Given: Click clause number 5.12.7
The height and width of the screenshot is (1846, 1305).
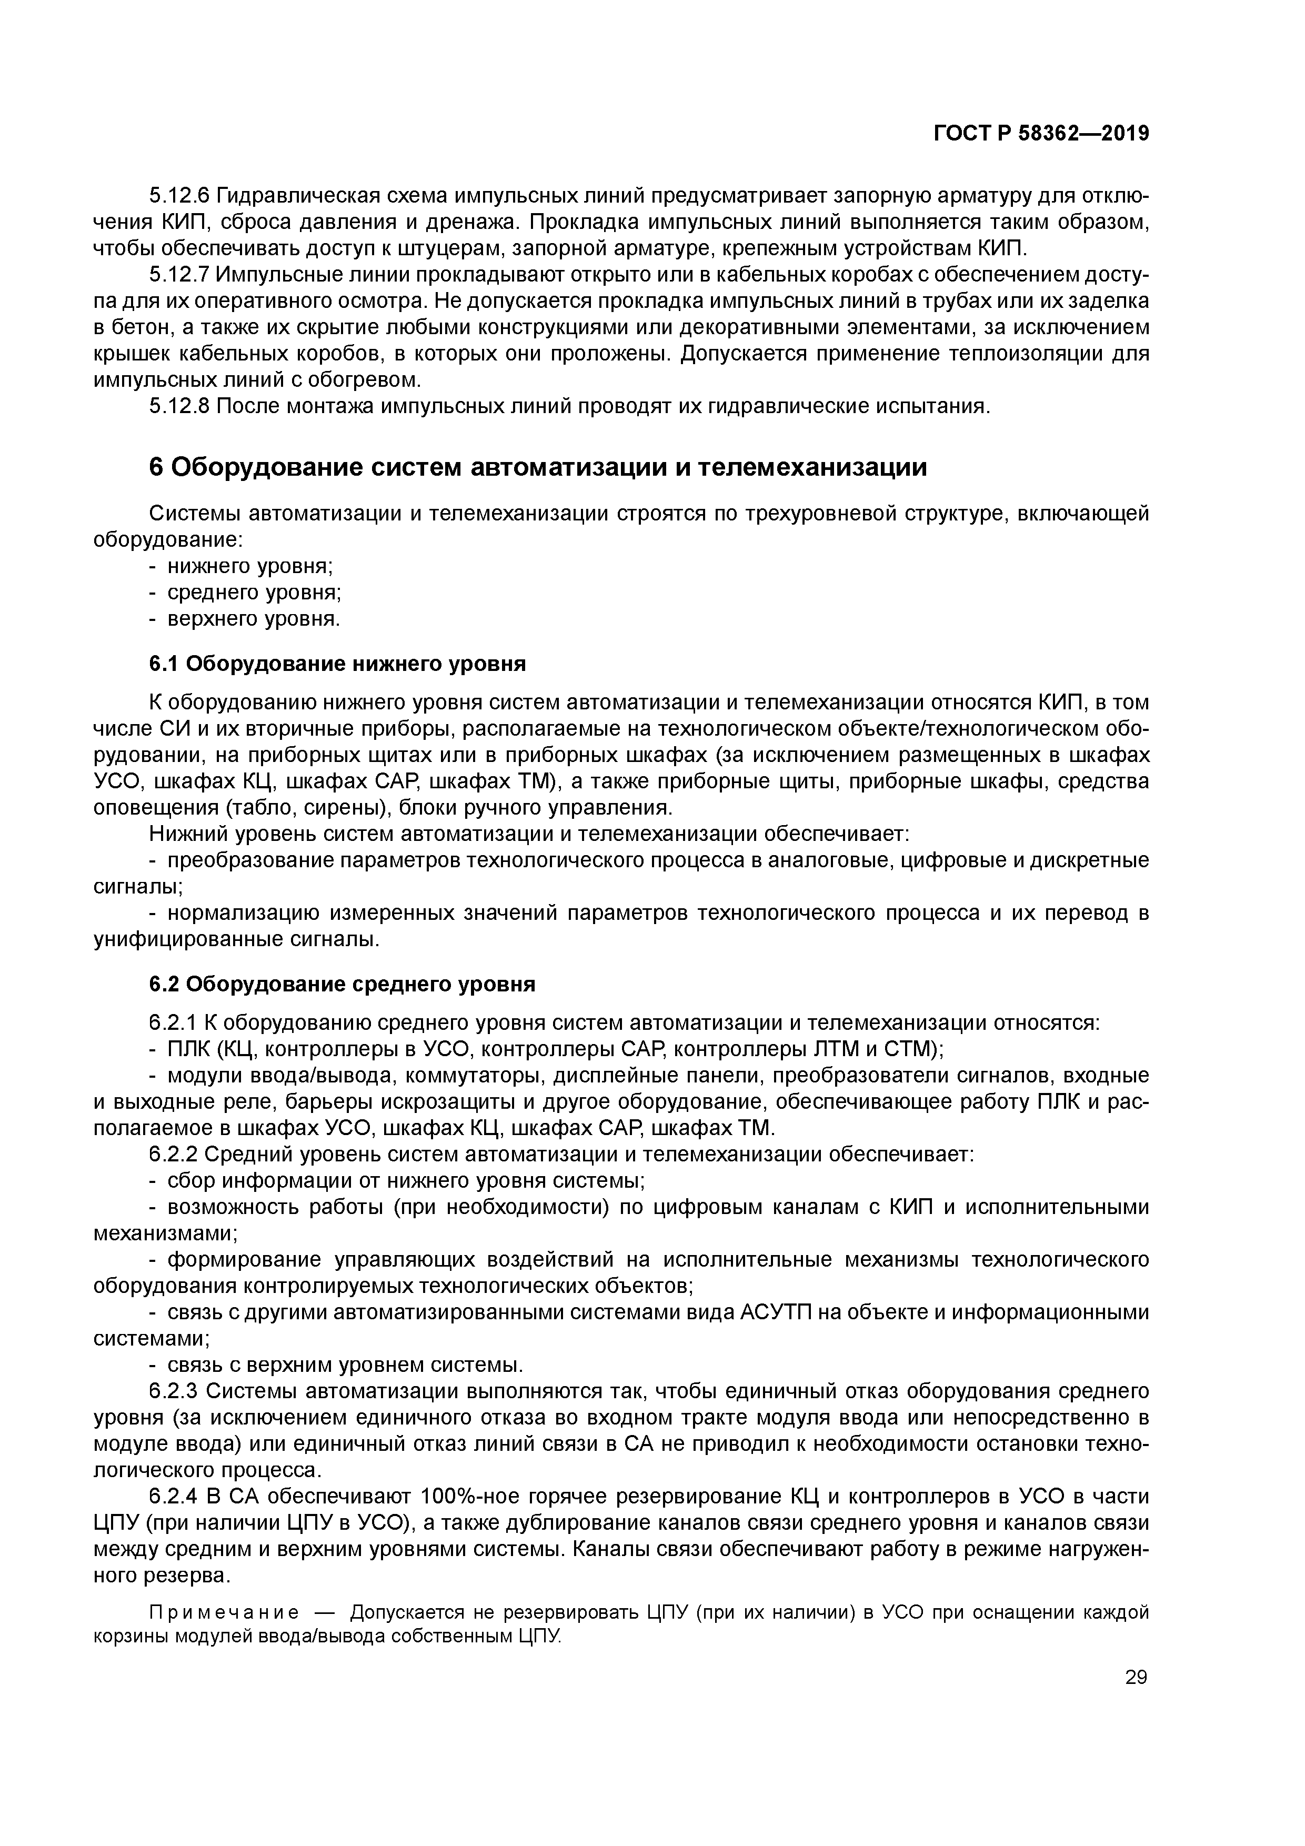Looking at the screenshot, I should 179,275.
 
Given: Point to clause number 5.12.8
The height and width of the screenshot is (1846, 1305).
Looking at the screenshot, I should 179,406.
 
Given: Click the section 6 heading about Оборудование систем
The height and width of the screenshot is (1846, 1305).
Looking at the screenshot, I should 538,467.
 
